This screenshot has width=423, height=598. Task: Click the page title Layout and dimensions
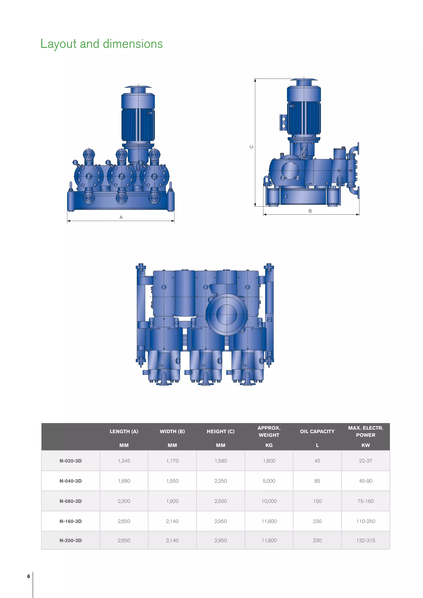(x=101, y=44)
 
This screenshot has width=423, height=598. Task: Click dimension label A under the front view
(x=121, y=217)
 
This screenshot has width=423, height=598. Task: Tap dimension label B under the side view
(x=310, y=211)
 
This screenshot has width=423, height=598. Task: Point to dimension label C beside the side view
(x=252, y=147)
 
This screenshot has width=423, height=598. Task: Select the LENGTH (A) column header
(x=124, y=431)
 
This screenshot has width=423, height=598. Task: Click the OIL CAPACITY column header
(x=317, y=431)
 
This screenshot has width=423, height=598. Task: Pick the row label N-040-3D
(x=71, y=481)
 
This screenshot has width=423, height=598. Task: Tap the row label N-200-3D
(x=71, y=540)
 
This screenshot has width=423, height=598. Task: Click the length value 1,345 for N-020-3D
(x=124, y=461)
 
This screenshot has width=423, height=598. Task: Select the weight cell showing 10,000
(x=269, y=501)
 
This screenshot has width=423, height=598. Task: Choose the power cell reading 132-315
(x=366, y=540)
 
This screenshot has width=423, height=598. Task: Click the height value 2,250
(x=221, y=481)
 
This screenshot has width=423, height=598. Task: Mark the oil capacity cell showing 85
(x=317, y=481)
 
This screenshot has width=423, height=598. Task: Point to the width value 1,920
(x=172, y=501)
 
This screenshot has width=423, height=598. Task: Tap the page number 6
(x=29, y=576)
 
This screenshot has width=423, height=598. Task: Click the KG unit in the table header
(x=269, y=445)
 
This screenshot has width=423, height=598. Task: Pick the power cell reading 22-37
(x=366, y=461)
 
